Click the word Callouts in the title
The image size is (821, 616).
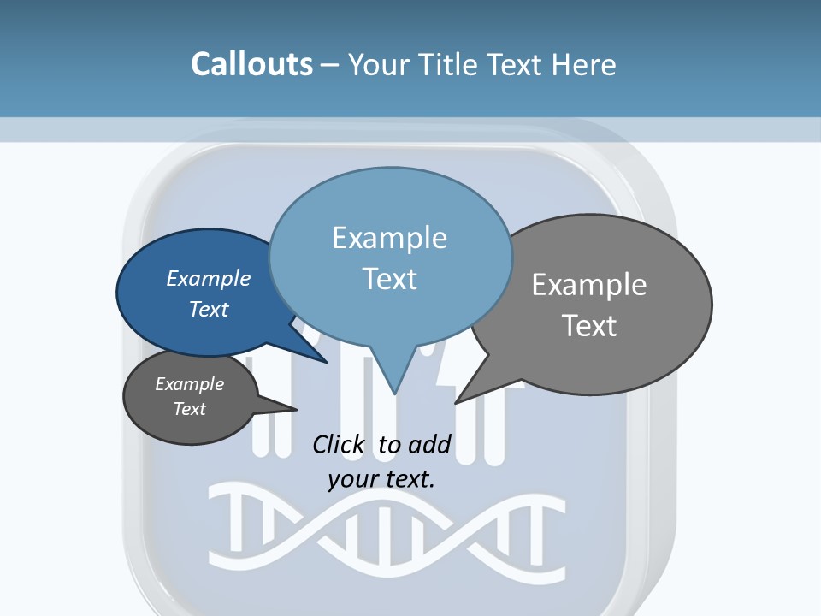pos(251,64)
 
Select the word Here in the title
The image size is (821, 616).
pos(585,64)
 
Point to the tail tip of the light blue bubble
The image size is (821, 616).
pos(394,393)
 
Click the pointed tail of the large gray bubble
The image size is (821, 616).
pos(457,401)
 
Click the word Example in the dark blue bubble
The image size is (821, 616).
pos(208,278)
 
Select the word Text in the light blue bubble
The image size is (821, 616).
pos(390,279)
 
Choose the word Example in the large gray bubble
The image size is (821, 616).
pos(589,285)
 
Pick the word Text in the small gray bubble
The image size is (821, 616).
pos(190,409)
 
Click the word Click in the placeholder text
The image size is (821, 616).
pos(338,444)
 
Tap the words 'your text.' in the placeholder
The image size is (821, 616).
pos(381,479)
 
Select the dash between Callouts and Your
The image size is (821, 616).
pos(330,65)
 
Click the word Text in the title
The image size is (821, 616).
pos(517,64)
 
